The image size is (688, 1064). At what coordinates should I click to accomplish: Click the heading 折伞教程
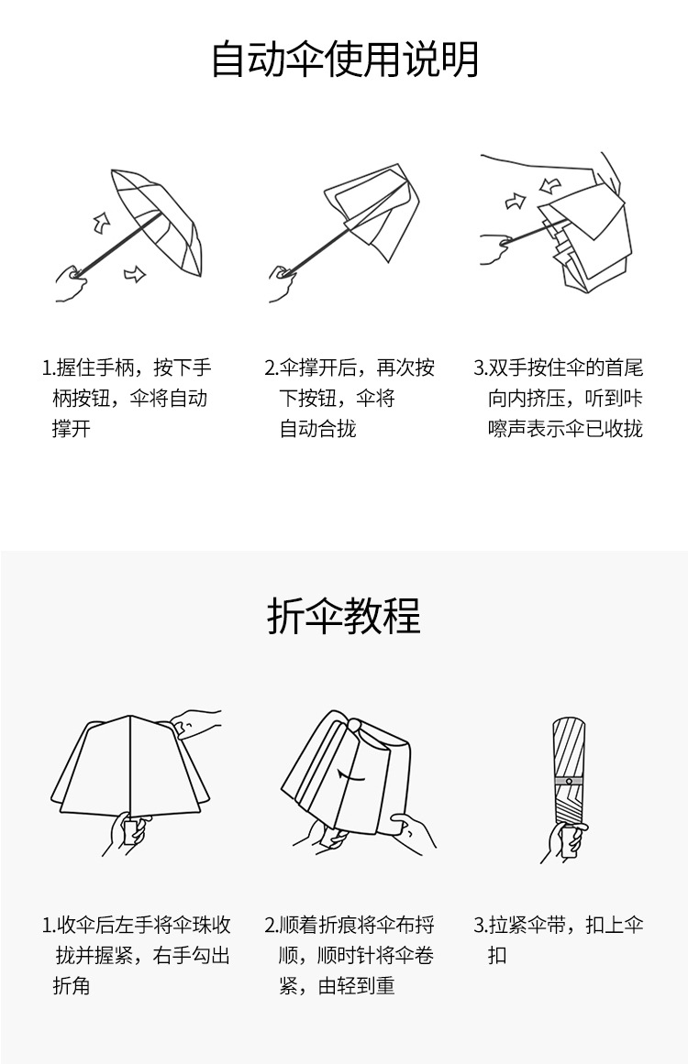(x=344, y=616)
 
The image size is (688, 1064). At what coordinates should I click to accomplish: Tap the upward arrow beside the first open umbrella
(x=101, y=221)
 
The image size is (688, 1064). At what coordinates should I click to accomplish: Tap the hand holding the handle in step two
(x=282, y=280)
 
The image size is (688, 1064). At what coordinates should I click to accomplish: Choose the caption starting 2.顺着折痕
(x=350, y=955)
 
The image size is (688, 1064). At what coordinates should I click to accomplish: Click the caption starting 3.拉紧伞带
(x=559, y=939)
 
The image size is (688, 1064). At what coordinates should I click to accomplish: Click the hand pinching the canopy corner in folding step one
(x=196, y=724)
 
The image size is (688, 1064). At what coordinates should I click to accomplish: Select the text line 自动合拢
(x=317, y=429)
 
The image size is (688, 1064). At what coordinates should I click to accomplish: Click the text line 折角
(x=71, y=986)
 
